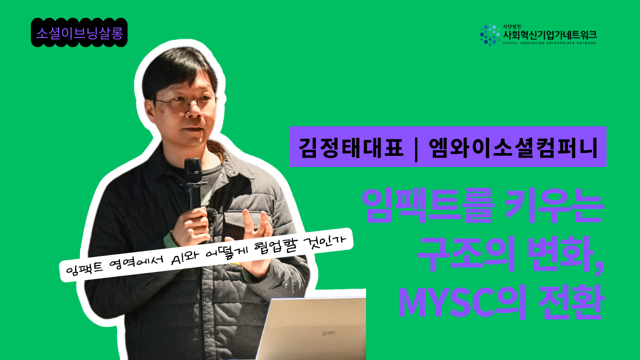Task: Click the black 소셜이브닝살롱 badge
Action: pyautogui.click(x=79, y=32)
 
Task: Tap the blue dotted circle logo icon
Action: pyautogui.click(x=489, y=34)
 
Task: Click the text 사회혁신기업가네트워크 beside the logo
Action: pyautogui.click(x=550, y=35)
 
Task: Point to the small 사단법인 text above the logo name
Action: pyautogui.click(x=512, y=26)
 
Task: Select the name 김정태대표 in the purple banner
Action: pyautogui.click(x=351, y=147)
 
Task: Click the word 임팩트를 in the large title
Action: pyautogui.click(x=427, y=205)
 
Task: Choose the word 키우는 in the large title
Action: pyautogui.click(x=554, y=205)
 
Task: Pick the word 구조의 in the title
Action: pyautogui.click(x=466, y=254)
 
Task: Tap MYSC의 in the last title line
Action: pyautogui.click(x=462, y=302)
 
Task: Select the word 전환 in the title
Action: pyautogui.click(x=571, y=302)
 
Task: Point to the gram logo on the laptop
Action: pyautogui.click(x=328, y=333)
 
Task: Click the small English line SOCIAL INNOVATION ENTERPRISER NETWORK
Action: pyautogui.click(x=549, y=43)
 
